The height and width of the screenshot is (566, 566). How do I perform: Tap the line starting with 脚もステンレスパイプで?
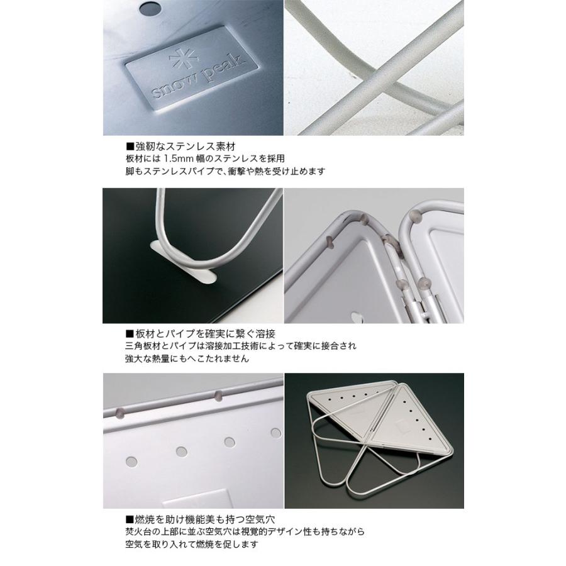coord(225,171)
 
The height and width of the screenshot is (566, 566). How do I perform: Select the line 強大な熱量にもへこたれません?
coord(187,360)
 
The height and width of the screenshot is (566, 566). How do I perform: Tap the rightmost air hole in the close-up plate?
coord(275,432)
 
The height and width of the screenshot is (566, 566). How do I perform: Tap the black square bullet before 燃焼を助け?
coord(130,520)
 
